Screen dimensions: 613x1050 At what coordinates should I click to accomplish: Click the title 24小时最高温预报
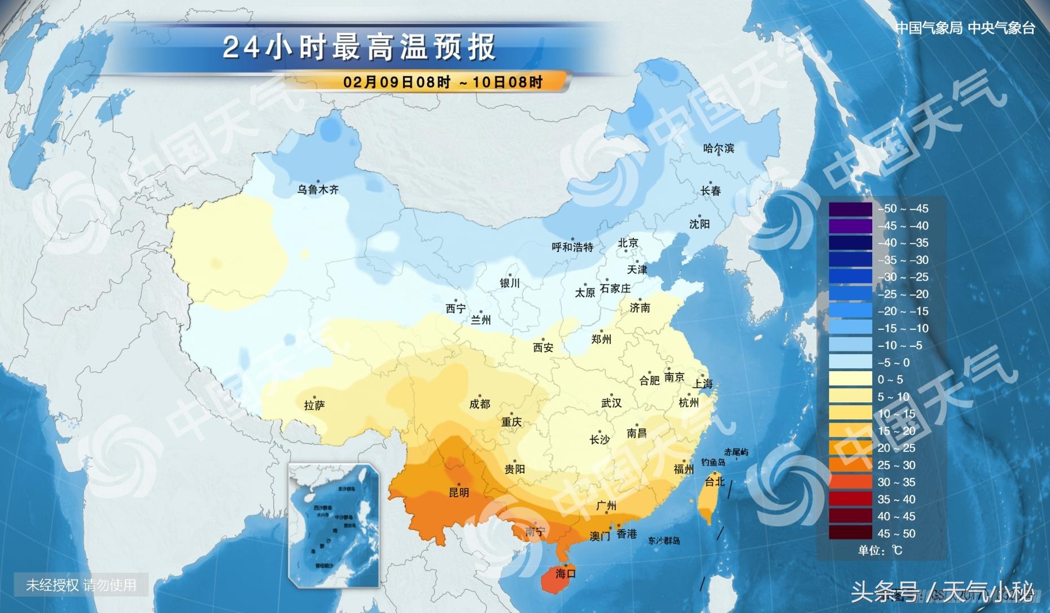click(x=359, y=47)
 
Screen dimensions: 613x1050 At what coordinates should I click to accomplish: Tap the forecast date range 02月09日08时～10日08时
click(x=443, y=82)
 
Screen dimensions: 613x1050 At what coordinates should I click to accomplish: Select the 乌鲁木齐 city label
click(x=318, y=190)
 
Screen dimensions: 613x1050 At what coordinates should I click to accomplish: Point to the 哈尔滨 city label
click(x=719, y=149)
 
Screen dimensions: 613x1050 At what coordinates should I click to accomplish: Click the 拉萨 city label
click(x=314, y=406)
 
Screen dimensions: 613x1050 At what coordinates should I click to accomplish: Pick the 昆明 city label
click(x=458, y=493)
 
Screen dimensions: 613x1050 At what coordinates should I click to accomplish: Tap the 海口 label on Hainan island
click(x=565, y=574)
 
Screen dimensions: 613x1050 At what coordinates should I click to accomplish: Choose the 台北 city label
click(x=715, y=482)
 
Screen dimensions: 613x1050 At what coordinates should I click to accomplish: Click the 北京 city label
click(x=628, y=243)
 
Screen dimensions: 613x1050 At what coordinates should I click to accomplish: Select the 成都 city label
click(x=479, y=405)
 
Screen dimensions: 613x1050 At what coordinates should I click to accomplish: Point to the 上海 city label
click(x=703, y=384)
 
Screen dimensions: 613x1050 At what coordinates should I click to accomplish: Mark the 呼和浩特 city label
click(x=572, y=247)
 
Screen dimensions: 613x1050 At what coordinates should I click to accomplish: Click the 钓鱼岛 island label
click(x=713, y=463)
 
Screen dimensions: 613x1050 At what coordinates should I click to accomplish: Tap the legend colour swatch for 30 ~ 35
click(x=850, y=482)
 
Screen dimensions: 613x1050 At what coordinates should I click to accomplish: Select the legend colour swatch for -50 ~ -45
click(x=850, y=208)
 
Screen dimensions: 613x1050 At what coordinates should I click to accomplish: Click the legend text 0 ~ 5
click(x=890, y=380)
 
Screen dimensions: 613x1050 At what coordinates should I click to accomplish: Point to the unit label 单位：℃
click(x=880, y=550)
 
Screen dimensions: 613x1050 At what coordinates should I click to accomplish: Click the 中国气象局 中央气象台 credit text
click(x=965, y=28)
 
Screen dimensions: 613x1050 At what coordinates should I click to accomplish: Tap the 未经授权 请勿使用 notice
click(x=81, y=585)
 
